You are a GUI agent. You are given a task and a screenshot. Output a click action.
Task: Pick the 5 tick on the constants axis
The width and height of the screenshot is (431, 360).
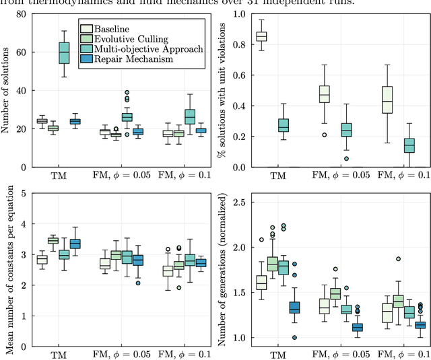(x=23, y=194)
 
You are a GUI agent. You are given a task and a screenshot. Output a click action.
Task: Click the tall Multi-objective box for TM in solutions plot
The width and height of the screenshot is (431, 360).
(x=64, y=52)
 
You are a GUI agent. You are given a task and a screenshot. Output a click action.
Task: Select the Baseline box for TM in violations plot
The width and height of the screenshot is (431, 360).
(x=261, y=36)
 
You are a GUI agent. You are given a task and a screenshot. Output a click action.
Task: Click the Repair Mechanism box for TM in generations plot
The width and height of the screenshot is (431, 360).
(x=294, y=308)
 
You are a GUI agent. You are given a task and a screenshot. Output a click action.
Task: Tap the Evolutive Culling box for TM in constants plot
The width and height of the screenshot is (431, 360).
(x=53, y=240)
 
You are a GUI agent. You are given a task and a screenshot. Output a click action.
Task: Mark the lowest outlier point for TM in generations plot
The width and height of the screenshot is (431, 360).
(x=294, y=337)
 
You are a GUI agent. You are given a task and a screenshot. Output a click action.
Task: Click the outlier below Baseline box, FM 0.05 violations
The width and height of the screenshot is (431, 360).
(x=325, y=135)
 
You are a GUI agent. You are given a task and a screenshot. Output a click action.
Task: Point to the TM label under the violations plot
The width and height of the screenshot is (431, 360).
(x=277, y=176)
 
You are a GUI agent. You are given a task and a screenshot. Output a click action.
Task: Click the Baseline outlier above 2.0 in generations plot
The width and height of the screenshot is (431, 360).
(x=261, y=240)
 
